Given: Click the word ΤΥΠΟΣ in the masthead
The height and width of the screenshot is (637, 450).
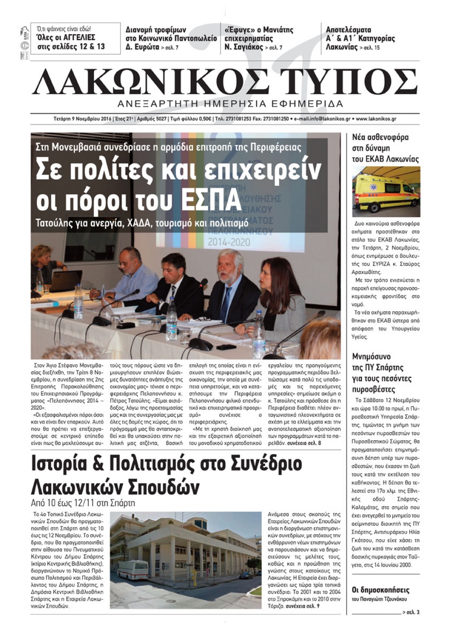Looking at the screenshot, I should [354, 82].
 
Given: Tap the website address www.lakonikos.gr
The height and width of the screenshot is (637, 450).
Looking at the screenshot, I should [376, 119].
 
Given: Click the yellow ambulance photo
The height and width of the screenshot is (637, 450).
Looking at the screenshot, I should [386, 191].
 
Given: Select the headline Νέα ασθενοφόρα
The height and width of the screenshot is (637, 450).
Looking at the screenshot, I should [380, 137].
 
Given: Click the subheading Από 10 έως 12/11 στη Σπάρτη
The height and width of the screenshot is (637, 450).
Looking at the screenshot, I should [83, 503].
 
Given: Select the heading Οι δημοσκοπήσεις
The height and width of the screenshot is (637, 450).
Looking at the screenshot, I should [380, 590].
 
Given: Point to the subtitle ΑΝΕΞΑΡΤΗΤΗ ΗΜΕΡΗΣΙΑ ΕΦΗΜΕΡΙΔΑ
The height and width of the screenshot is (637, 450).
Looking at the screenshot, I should [230, 104].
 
